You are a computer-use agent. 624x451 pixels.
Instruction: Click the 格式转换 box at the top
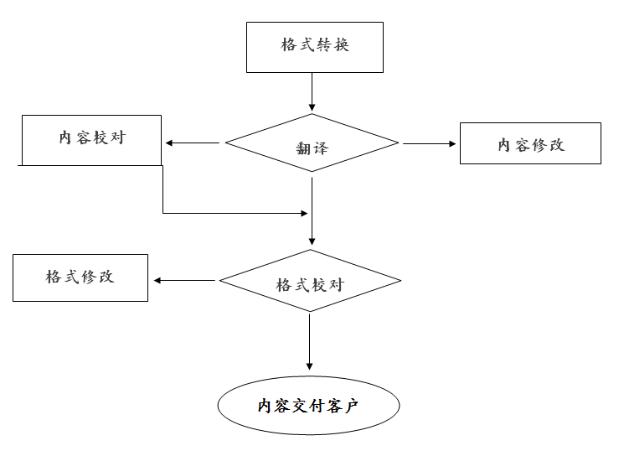point(314,47)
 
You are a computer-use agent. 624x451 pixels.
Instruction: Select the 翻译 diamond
point(312,143)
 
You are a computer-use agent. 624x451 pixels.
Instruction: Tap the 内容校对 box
point(91,139)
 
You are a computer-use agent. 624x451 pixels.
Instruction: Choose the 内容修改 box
point(530,143)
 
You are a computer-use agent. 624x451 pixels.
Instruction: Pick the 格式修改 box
point(80,277)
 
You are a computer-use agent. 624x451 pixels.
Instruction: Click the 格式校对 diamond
point(310,282)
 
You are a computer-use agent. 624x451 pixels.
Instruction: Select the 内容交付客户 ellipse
point(308,407)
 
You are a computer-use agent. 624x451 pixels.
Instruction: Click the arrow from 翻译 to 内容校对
point(193,143)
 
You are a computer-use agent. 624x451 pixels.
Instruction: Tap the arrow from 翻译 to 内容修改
point(429,143)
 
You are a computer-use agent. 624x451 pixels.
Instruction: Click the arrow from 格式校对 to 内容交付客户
point(310,340)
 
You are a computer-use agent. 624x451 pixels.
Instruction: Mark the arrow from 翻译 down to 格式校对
point(312,210)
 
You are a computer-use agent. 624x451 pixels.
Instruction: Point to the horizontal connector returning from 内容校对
point(235,214)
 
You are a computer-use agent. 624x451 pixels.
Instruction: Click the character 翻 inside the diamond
point(303,148)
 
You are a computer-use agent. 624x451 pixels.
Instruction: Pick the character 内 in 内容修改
point(505,144)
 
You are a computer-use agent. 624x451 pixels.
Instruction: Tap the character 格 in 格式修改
point(54,277)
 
